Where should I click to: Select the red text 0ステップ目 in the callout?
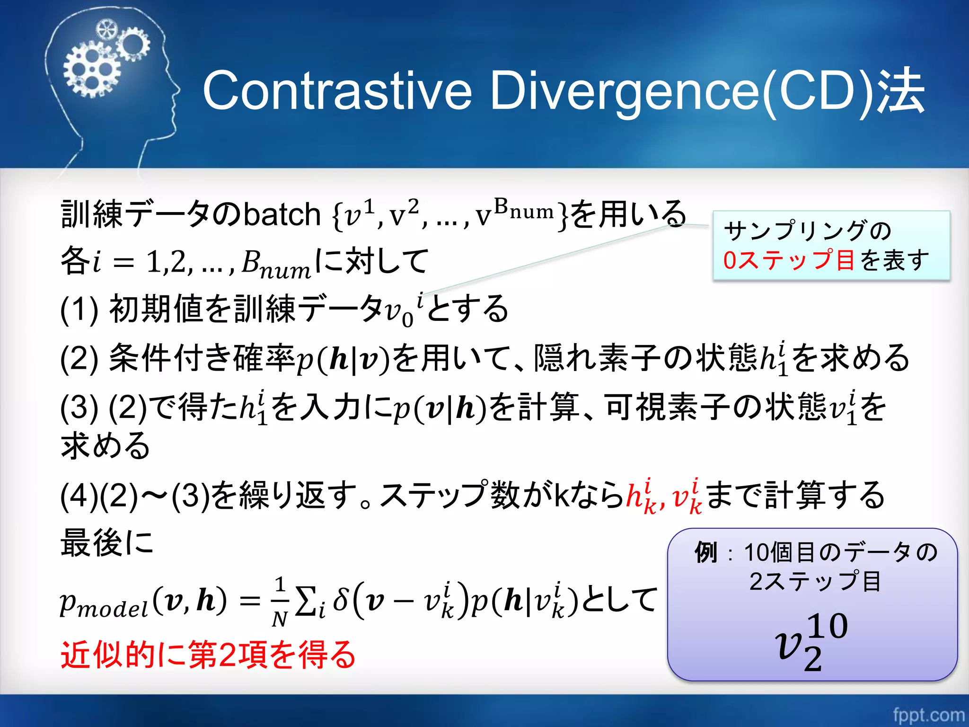(x=788, y=260)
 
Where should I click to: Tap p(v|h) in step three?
(x=440, y=408)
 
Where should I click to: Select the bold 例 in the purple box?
(x=706, y=552)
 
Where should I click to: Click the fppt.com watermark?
(x=928, y=714)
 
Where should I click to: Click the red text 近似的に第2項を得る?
(x=208, y=655)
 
